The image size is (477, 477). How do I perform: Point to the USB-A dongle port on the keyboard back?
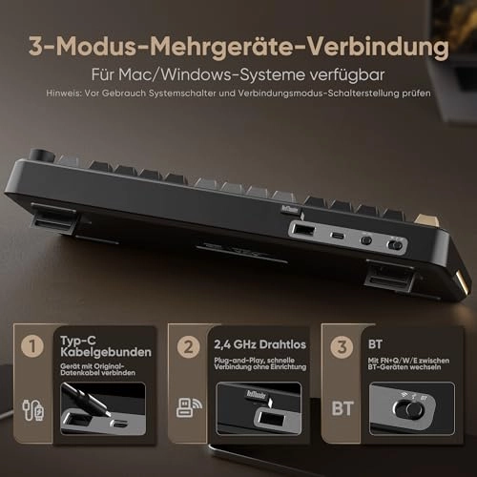click(x=302, y=231)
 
